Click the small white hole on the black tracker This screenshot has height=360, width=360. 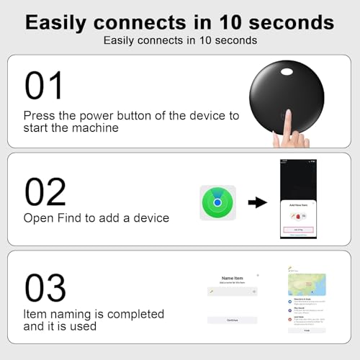[289, 73]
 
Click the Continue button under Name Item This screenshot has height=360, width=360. [232, 320]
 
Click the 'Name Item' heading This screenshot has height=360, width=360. [232, 276]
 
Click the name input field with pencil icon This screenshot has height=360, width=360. [232, 291]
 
